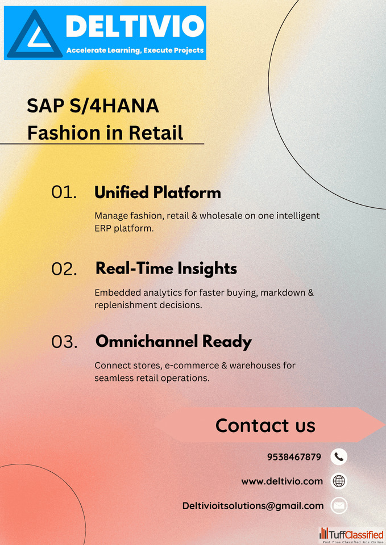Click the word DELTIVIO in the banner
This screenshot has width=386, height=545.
coord(135,26)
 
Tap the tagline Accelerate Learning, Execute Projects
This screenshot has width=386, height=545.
coord(135,51)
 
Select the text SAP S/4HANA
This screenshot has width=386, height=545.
coord(93,106)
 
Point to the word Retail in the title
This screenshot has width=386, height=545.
coord(156,133)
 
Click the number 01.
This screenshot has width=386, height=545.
coord(64,192)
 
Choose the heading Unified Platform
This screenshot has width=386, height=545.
coord(157,192)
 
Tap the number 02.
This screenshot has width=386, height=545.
coord(64,269)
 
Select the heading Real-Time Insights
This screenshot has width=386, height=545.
coord(167,269)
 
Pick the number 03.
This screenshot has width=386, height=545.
coord(64,342)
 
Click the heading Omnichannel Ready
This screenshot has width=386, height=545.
coord(174,342)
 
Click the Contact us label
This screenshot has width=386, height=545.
coord(265,425)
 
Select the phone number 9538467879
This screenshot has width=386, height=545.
coord(294,456)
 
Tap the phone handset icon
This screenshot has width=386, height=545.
coord(339,456)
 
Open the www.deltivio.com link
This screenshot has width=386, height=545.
coord(283,481)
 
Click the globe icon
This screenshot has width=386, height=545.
coord(339,481)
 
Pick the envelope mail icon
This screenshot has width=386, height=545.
coord(339,506)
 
